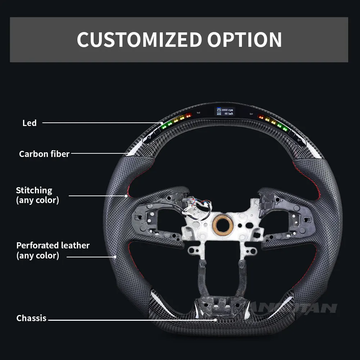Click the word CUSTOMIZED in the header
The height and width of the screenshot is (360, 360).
tap(139, 40)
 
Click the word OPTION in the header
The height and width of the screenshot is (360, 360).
tap(245, 40)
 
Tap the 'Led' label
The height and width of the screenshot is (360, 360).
tap(30, 123)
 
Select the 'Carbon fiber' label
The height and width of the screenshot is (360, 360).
tap(44, 154)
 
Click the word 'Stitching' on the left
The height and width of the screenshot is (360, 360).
tap(34, 190)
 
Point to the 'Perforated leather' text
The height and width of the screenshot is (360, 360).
tap(53, 246)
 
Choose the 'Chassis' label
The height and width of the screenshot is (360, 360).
tap(31, 318)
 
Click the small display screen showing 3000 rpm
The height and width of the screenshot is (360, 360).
tap(225, 111)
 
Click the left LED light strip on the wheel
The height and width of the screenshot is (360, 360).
tap(176, 121)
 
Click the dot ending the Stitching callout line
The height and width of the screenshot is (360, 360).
tap(126, 196)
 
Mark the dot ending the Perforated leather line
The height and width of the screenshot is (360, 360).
tap(115, 257)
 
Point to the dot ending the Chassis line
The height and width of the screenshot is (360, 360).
tap(216, 319)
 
